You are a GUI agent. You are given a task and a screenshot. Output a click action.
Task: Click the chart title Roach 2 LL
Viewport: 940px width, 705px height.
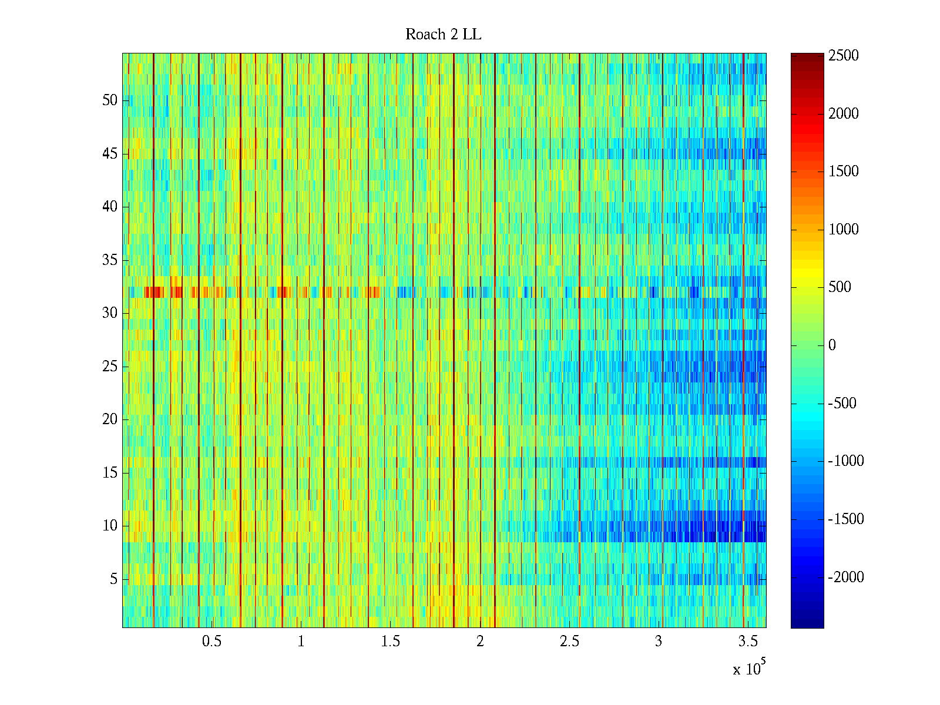pos(443,35)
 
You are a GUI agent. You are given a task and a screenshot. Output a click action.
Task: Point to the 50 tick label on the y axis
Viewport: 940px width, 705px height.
pos(110,100)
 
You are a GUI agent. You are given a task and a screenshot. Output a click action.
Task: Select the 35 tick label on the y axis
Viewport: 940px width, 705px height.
pos(110,260)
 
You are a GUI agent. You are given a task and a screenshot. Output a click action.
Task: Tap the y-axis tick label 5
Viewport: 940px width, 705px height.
pos(113,579)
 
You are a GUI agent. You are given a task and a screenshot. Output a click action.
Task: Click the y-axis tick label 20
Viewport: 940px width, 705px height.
pos(110,419)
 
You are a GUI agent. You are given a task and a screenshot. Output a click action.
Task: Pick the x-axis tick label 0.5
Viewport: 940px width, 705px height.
pos(211,642)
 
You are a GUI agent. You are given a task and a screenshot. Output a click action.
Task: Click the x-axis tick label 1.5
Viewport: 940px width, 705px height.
pos(390,642)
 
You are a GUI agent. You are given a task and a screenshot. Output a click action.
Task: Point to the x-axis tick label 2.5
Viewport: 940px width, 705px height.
pos(569,642)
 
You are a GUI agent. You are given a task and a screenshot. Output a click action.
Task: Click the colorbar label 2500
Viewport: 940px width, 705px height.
pos(844,56)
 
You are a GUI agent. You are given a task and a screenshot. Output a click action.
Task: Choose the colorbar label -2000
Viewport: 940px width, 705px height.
pos(846,578)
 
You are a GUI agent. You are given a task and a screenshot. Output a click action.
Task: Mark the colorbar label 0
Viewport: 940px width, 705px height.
pos(832,345)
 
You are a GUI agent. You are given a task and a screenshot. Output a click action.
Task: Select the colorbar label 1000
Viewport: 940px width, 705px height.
pos(844,230)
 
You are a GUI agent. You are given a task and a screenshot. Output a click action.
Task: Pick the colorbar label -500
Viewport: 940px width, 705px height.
pos(842,404)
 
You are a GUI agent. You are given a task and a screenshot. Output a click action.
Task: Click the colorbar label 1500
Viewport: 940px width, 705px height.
pos(844,172)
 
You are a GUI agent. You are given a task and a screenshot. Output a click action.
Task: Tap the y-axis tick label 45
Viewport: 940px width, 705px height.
pos(110,154)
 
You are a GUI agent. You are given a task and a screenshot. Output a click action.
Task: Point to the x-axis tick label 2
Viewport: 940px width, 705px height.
pos(480,642)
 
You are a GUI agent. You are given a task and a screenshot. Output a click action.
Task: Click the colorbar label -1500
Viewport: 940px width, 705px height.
pos(846,519)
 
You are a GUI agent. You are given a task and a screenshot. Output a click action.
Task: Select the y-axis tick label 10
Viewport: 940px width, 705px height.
pos(110,526)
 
